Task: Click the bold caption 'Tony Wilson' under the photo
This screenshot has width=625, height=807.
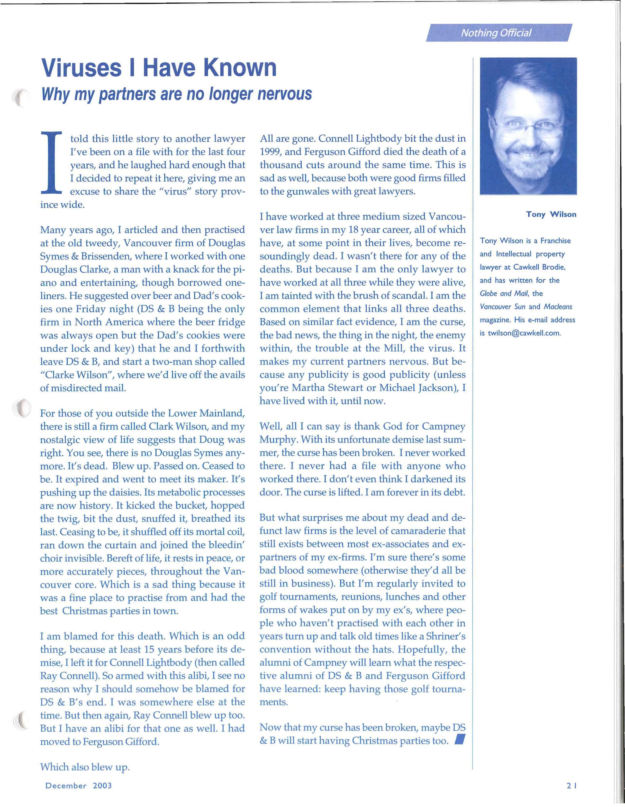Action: pyautogui.click(x=551, y=214)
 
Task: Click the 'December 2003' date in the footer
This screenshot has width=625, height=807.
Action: pyautogui.click(x=78, y=785)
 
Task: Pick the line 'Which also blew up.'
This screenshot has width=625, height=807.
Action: pyautogui.click(x=85, y=767)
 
